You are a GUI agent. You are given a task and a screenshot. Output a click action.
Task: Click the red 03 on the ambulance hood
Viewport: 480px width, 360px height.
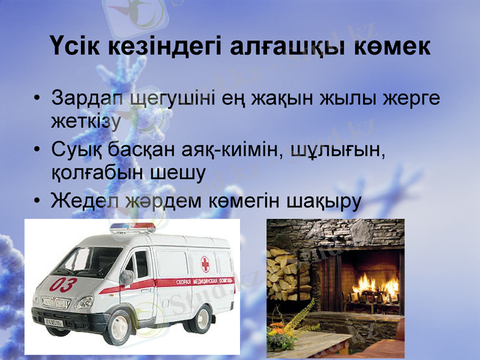[62, 284]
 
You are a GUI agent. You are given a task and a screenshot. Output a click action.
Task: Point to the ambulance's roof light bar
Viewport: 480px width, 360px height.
[132, 228]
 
